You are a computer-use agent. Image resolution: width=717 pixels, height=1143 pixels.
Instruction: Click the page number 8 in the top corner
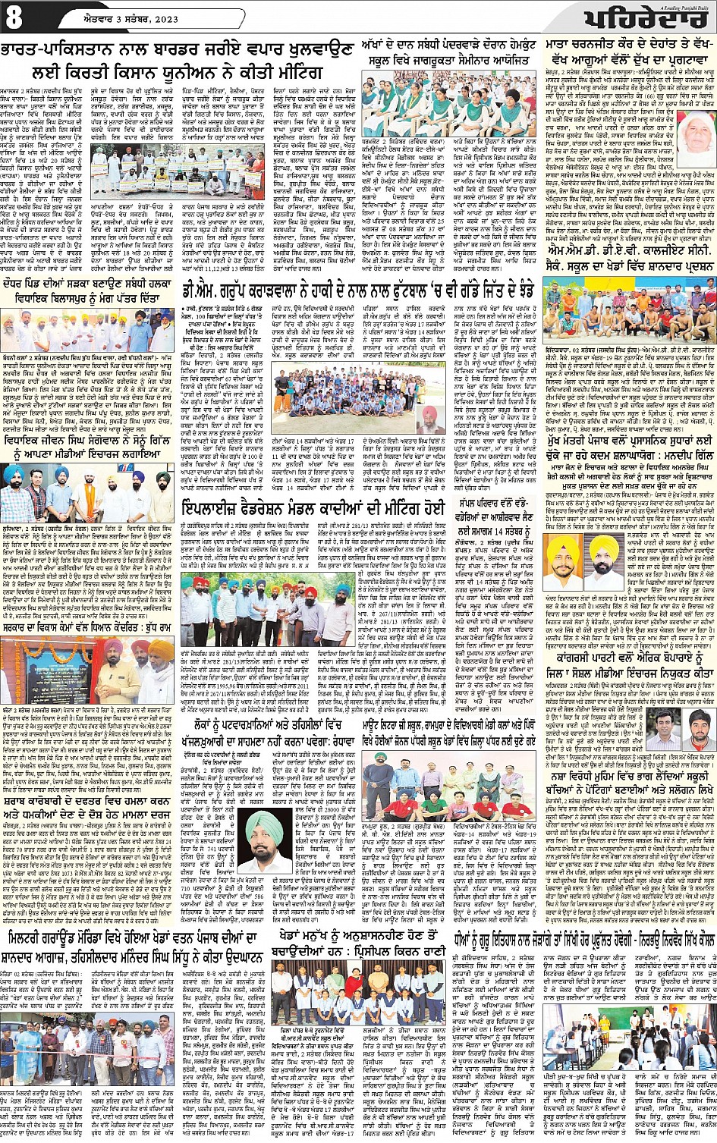pos(13,18)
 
